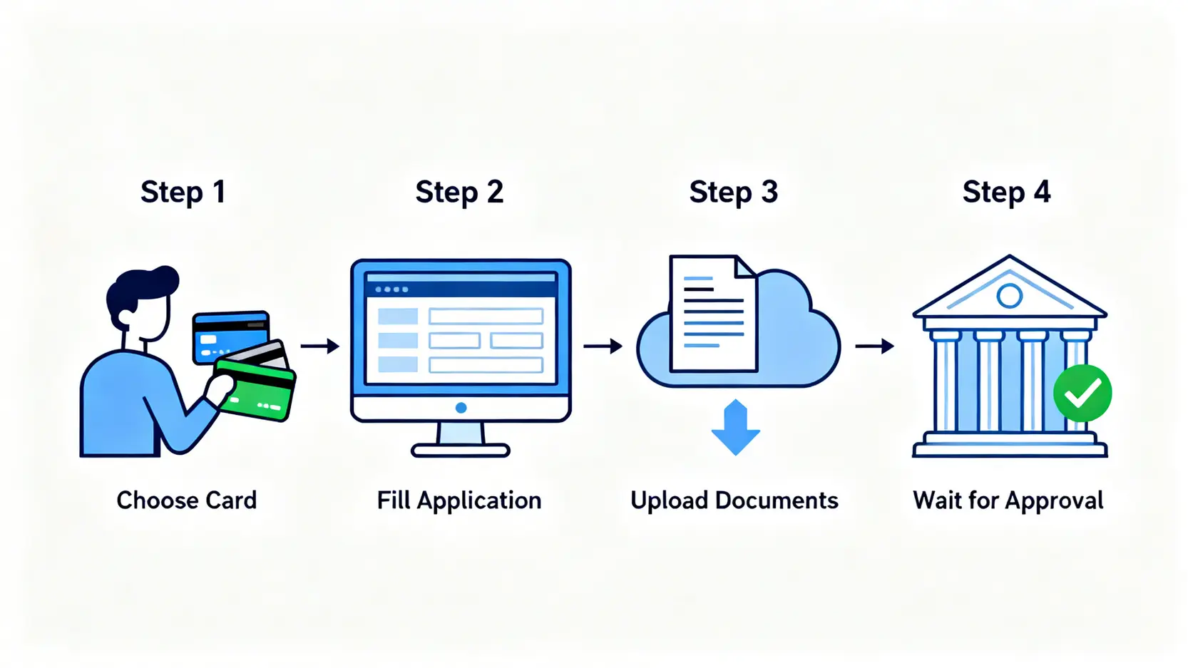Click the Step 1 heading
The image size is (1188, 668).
coord(183,192)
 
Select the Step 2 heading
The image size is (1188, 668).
coord(459,192)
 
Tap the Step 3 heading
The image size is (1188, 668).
coord(733,192)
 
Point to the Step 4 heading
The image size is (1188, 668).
coord(1006,192)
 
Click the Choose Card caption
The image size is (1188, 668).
coord(186,500)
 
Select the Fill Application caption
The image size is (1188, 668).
coord(459,500)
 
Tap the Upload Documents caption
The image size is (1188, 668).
coord(734,500)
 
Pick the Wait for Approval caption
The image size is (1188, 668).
coord(1008,500)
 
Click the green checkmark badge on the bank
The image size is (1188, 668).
coord(1082,393)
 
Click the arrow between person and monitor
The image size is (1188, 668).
coord(320,346)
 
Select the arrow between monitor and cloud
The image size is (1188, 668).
coord(603,346)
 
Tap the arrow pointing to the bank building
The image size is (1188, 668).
coord(875,346)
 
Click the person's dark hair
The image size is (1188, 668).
coord(143,285)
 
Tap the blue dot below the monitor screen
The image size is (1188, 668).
coord(461,408)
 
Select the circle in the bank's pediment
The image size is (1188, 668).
coord(1009,295)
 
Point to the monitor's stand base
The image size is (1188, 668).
coord(461,450)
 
